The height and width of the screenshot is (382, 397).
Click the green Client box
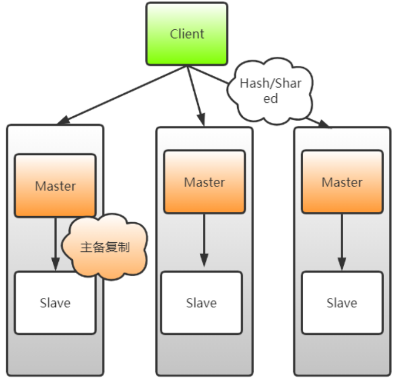[x=186, y=34]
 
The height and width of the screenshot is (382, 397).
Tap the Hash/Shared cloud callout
[x=270, y=91]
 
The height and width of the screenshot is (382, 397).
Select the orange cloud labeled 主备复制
[x=105, y=248]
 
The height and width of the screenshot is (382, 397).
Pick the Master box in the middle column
[x=204, y=182]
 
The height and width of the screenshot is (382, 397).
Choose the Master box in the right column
[x=342, y=182]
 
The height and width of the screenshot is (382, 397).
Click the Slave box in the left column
[x=55, y=303]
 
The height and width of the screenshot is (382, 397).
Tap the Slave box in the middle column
[x=201, y=303]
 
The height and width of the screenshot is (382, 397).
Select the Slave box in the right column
[x=342, y=303]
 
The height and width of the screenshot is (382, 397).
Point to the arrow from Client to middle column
[x=196, y=95]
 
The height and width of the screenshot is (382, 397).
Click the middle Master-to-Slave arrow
[x=204, y=238]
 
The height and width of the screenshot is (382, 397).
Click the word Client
[x=187, y=34]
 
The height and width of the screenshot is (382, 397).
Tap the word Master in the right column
[x=342, y=182]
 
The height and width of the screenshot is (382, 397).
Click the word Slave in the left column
[x=55, y=303]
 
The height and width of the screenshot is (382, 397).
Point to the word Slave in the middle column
[x=201, y=303]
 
